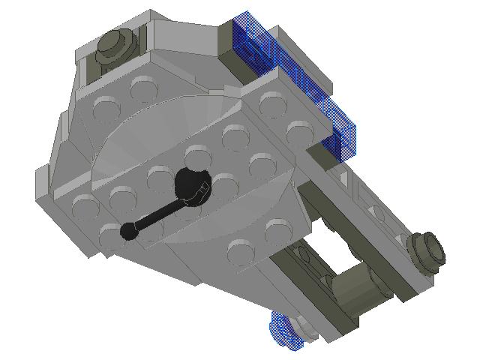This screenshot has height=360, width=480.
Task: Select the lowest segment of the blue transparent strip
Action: pos(343,142)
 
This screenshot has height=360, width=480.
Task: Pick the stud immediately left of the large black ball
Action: pos(159,178)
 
